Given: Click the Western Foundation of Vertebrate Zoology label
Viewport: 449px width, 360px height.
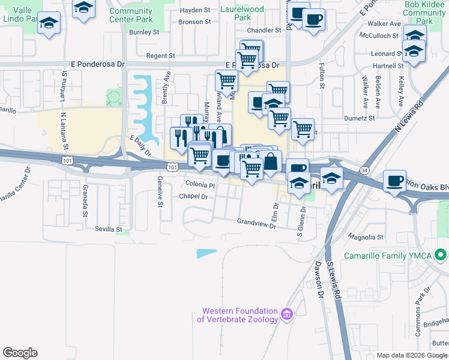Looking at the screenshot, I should coord(240,316).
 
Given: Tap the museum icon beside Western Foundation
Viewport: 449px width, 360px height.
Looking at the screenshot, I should coord(287,314).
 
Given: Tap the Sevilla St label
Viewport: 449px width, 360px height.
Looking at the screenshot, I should coord(108,229).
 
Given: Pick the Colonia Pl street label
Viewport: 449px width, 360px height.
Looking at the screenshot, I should coord(200,184).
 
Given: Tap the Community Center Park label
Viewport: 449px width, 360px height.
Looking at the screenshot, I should coord(131,15).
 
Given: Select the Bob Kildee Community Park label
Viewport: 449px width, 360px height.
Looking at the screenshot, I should coord(425,12).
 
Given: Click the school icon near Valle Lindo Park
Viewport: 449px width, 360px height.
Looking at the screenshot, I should coord(49,25).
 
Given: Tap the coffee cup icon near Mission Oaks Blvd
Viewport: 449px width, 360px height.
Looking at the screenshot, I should coord(394,181).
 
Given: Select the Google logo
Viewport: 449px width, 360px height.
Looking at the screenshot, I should coord(20,353).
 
